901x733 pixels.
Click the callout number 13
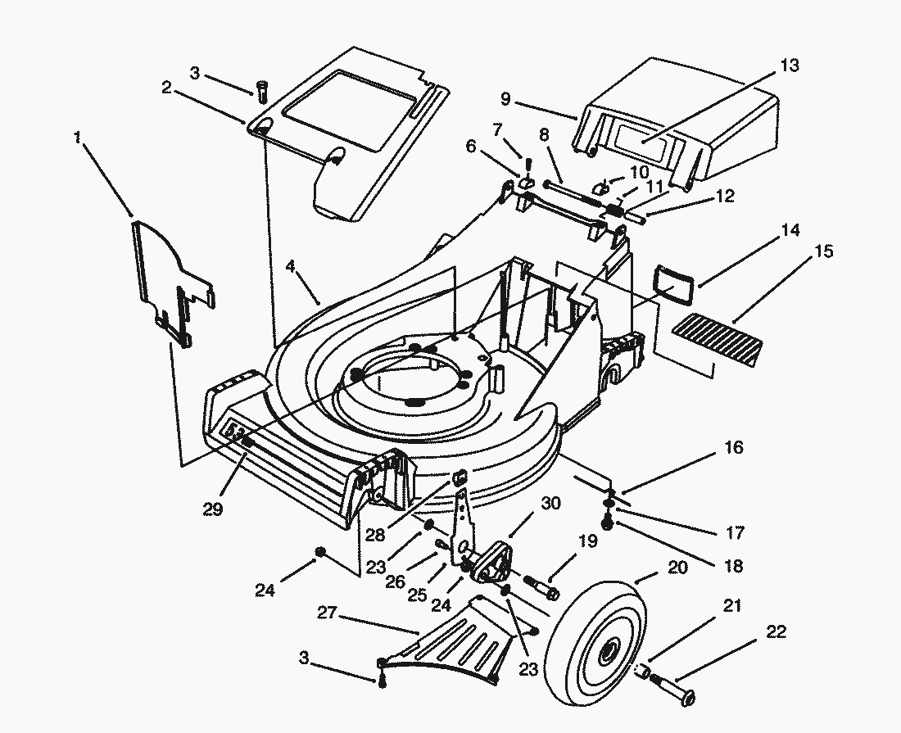(790, 66)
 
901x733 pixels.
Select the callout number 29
(214, 509)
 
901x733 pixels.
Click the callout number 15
(824, 251)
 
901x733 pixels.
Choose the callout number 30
(551, 503)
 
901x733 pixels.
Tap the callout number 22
(776, 632)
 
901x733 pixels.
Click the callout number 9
(505, 99)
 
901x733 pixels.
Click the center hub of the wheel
(608, 652)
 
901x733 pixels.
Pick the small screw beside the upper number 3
(263, 92)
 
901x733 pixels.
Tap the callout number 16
(733, 447)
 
